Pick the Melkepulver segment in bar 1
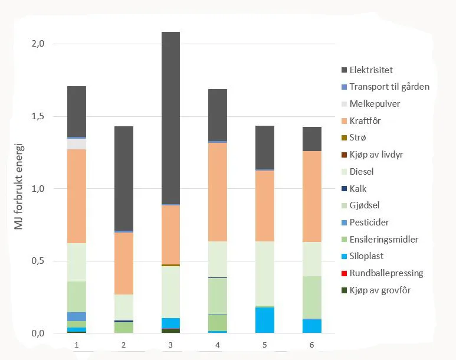[77, 143]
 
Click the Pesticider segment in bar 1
[77, 316]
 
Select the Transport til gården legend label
[389, 87]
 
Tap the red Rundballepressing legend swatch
[344, 273]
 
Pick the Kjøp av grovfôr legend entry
[380, 290]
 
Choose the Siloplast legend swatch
[344, 257]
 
